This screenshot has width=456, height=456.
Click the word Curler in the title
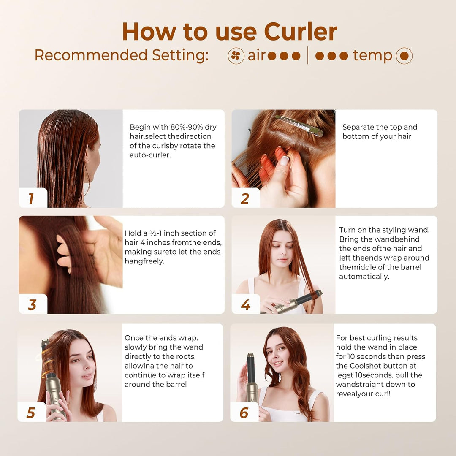tap(301, 32)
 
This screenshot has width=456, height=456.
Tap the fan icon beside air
tap(236, 56)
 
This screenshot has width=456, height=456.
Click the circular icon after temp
tap(404, 56)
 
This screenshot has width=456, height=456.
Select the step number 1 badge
tap(31, 198)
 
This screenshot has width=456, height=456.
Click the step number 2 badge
tap(245, 198)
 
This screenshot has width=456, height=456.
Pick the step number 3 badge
tap(32, 304)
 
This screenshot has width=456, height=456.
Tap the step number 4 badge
tap(245, 304)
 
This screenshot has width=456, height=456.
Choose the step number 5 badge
tap(31, 413)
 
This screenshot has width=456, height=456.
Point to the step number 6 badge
tap(244, 413)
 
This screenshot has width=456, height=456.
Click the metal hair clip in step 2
tap(299, 125)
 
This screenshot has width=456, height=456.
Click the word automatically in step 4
tap(364, 277)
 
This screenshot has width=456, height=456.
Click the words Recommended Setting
tap(121, 55)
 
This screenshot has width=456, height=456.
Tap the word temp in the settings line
tap(372, 56)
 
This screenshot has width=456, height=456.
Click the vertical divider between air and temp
tap(307, 56)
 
